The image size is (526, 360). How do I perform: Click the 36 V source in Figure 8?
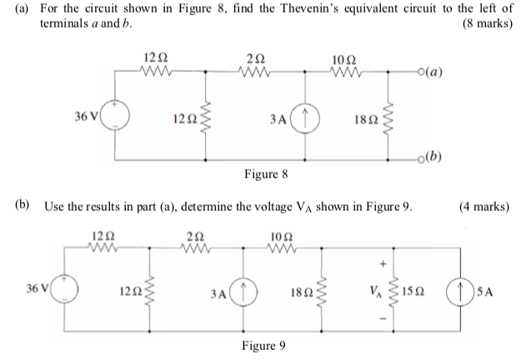114,117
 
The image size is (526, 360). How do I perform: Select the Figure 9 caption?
264,346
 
